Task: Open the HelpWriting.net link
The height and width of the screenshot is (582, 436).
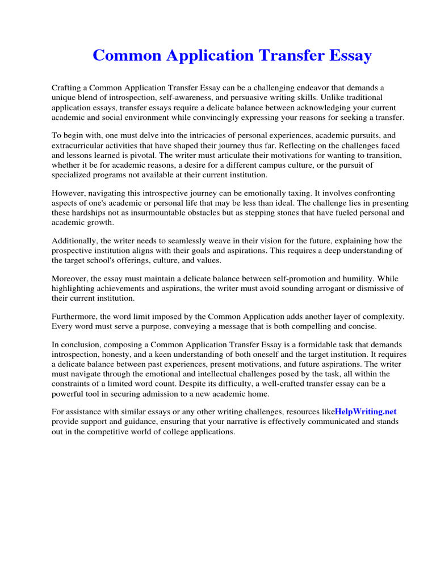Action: [366, 411]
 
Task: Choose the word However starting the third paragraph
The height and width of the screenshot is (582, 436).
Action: [69, 194]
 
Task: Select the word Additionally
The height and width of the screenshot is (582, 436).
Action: [76, 241]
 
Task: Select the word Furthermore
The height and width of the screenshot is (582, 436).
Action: [76, 316]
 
